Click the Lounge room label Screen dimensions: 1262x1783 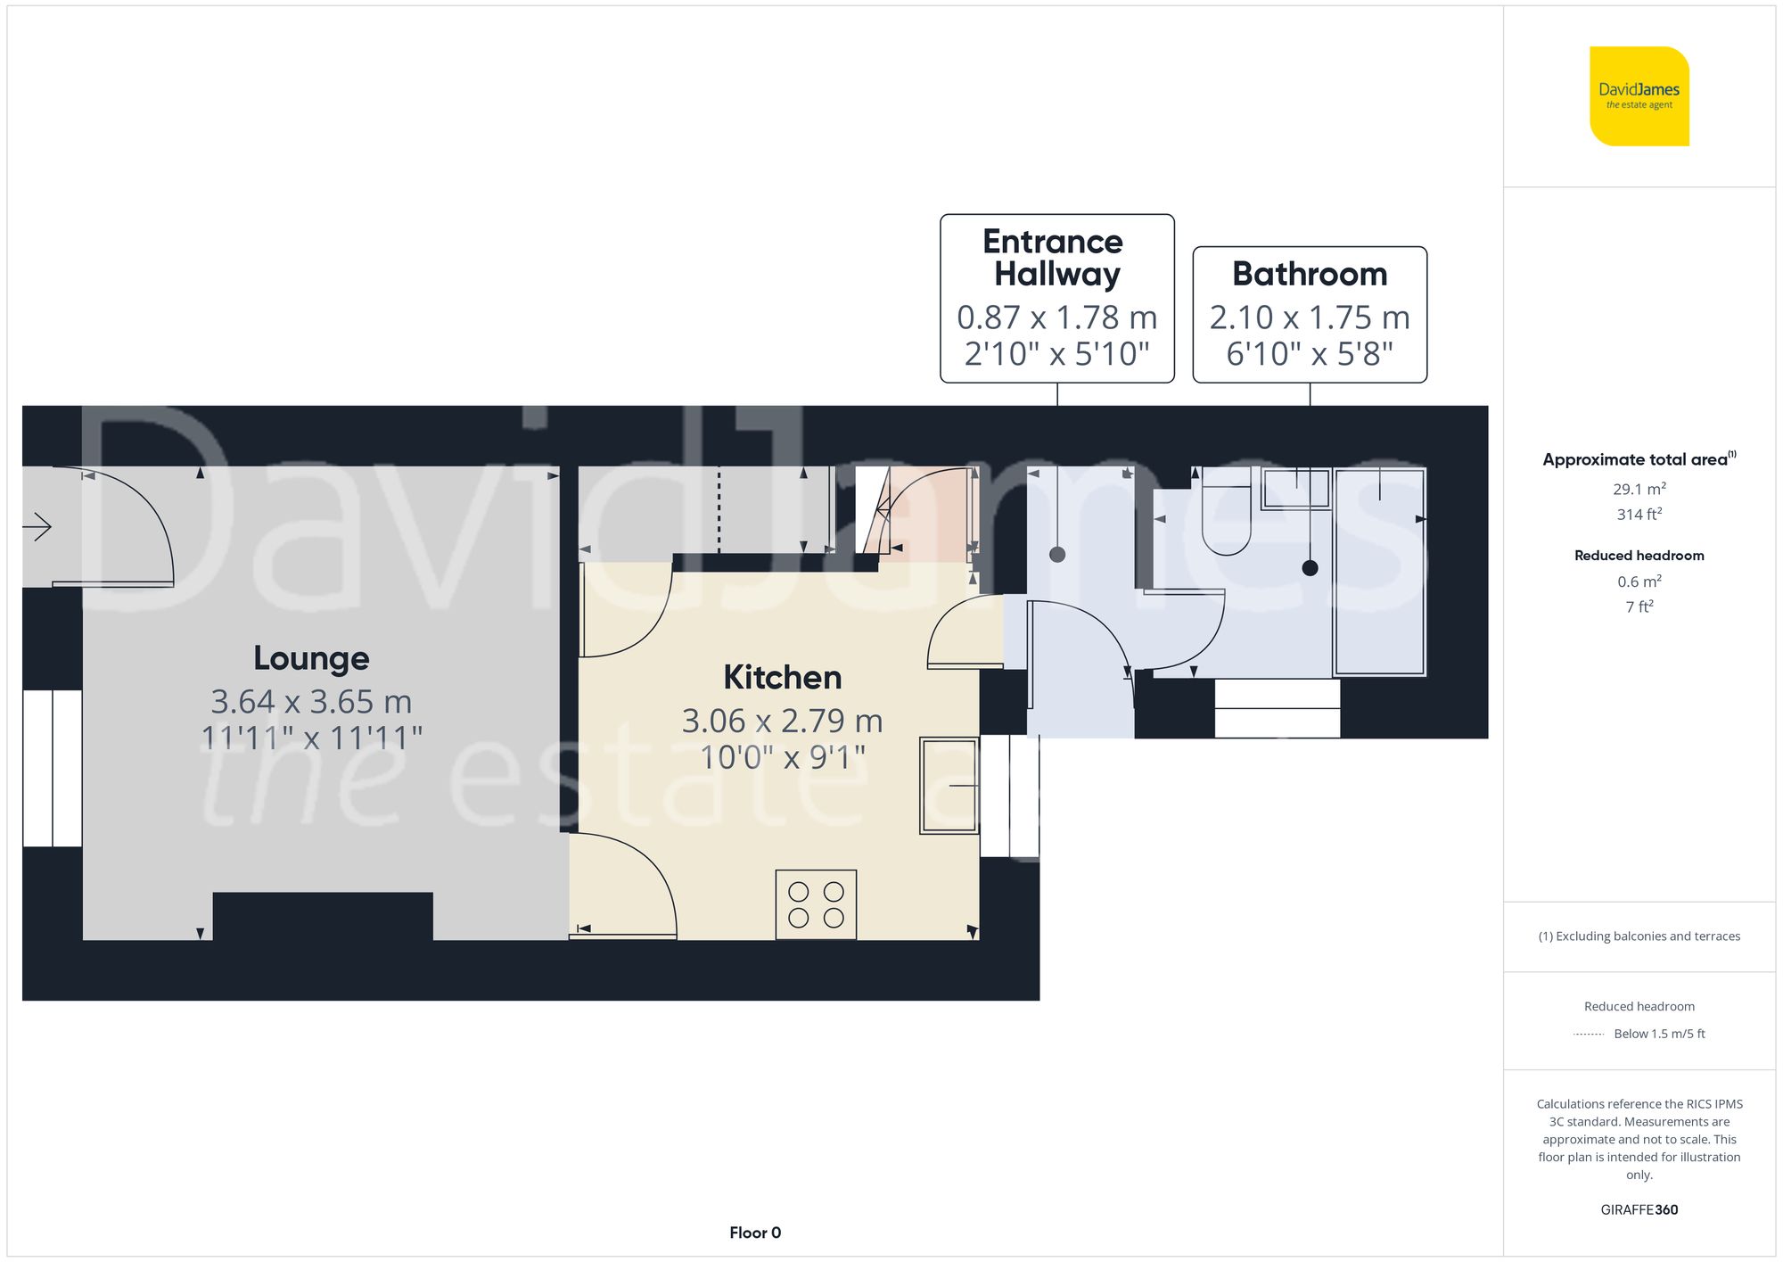(x=311, y=658)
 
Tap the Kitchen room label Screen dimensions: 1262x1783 (x=782, y=678)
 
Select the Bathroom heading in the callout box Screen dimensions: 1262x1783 (x=1309, y=274)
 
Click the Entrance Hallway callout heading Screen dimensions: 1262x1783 (x=1056, y=258)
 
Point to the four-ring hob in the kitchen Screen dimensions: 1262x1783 (x=816, y=904)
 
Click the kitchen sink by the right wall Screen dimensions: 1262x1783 (x=949, y=786)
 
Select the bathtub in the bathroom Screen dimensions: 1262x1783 (x=1379, y=572)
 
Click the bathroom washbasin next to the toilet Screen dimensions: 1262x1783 (x=1296, y=488)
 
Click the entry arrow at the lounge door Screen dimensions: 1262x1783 (x=37, y=527)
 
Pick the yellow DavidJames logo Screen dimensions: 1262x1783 (x=1639, y=96)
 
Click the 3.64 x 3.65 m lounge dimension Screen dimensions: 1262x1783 (x=311, y=702)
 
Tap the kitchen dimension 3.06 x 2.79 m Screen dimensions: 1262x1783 (x=782, y=721)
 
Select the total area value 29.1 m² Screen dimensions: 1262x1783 (x=1639, y=489)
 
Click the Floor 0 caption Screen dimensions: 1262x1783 (x=754, y=1233)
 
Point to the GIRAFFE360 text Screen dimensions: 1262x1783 (x=1639, y=1209)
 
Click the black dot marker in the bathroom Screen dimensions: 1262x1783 (x=1310, y=567)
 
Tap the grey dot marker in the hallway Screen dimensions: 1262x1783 (x=1057, y=555)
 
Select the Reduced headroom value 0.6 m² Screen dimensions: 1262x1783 (x=1639, y=582)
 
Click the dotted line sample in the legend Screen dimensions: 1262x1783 (x=1589, y=1035)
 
